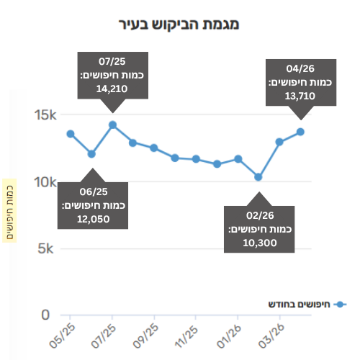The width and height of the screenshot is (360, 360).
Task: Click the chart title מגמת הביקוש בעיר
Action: [x=179, y=24]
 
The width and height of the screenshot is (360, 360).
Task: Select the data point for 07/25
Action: [x=112, y=125]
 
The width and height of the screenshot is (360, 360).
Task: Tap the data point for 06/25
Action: [x=91, y=154]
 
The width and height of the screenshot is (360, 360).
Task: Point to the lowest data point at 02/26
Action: [x=258, y=177]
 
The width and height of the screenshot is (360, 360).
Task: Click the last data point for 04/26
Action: [x=300, y=132]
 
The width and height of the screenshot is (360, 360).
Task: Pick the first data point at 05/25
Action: [x=71, y=134]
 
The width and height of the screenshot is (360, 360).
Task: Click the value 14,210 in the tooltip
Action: [x=112, y=89]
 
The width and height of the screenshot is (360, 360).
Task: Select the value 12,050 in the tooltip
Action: [x=94, y=219]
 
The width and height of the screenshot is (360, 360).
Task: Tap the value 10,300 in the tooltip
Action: [x=260, y=243]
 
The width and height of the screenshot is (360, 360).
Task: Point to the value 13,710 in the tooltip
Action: [x=300, y=96]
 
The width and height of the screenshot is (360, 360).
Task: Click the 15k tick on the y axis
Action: [x=45, y=115]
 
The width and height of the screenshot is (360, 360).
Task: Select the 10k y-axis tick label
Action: [x=45, y=182]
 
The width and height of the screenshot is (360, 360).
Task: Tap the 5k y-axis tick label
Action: [x=45, y=248]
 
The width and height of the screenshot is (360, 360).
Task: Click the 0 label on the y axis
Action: [x=45, y=315]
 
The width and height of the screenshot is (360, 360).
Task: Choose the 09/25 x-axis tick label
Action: [x=145, y=336]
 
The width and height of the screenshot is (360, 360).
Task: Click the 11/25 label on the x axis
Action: [x=187, y=336]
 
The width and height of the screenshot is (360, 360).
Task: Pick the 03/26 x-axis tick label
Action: [x=271, y=336]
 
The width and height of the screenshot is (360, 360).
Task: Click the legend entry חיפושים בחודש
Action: [x=307, y=305]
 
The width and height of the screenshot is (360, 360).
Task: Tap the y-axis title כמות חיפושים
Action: [x=9, y=212]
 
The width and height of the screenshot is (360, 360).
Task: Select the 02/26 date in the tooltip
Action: [x=260, y=215]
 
